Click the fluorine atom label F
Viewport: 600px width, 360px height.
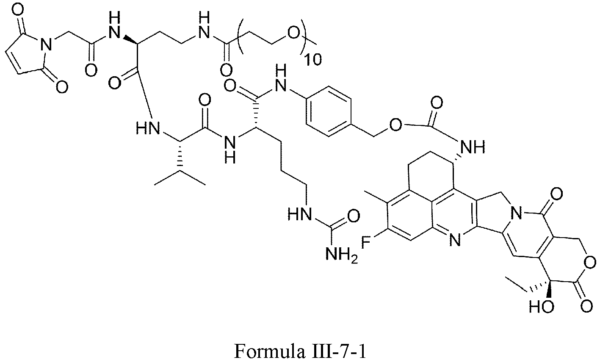pos(367,242)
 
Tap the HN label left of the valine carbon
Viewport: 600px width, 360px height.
pos(146,127)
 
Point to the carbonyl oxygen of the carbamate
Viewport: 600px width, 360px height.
pos(437,103)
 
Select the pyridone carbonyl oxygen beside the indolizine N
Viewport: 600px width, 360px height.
pos(557,194)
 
